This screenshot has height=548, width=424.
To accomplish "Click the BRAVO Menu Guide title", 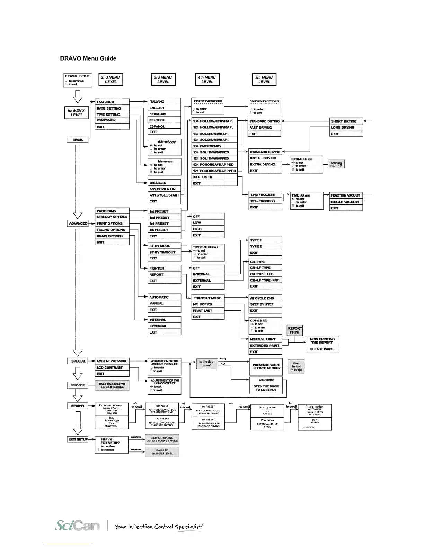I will tap(88, 58).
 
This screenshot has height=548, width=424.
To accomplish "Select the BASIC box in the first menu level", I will tap(78, 140).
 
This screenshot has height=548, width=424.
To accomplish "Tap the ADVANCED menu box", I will tap(78, 223).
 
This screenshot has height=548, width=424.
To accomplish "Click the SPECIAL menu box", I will tap(78, 361).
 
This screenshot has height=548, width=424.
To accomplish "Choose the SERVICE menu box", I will tap(78, 385).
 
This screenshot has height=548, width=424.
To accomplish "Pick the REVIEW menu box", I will tap(78, 406).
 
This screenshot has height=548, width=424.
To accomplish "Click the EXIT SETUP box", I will tap(78, 439).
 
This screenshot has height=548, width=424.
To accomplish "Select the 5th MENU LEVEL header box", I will tap(264, 80).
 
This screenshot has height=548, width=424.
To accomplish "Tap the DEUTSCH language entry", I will tap(164, 120).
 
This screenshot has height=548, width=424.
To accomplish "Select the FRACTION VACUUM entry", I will tap(345, 195).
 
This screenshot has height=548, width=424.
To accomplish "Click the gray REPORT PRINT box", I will tap(295, 330).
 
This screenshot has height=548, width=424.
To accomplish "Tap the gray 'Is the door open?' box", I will tap(207, 364).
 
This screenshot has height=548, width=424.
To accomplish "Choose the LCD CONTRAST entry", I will tap(112, 368).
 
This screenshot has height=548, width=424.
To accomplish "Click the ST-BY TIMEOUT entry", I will tap(165, 252).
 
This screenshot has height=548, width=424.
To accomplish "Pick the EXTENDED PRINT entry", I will tap(265, 346).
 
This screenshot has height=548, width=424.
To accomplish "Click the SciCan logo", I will tap(77, 526).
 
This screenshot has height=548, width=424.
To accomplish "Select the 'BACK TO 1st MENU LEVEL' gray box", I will tap(162, 452).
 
